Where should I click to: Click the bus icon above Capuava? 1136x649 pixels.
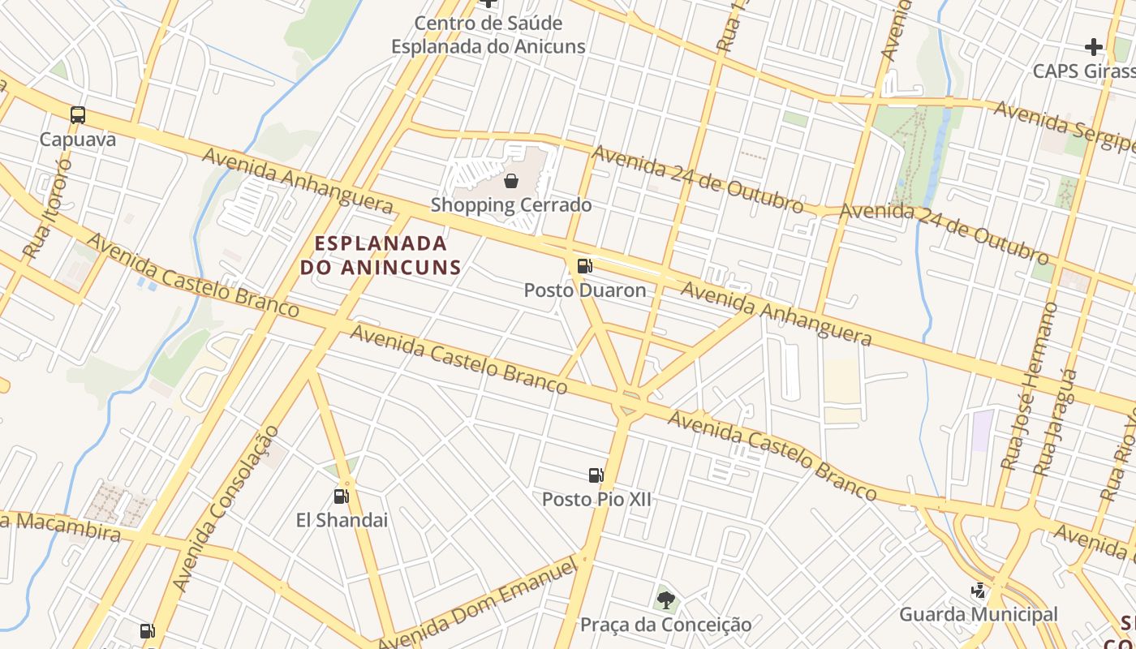pos(78,115)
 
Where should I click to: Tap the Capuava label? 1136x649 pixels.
pos(78,140)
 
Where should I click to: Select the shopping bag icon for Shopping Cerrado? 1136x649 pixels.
pos(511,180)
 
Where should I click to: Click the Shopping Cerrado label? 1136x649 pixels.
pos(511,205)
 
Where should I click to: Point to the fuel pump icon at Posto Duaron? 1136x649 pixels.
pos(584,266)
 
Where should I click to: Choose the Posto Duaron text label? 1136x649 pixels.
pos(585,290)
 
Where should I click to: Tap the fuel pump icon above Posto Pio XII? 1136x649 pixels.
pos(596,475)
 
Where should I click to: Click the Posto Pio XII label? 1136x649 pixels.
pos(597,500)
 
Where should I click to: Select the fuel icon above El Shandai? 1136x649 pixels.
pos(342,496)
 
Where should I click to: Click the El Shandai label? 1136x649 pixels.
pos(342,520)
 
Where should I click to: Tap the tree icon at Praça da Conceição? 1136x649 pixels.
pos(665,600)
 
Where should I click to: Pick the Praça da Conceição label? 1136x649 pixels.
pos(665,625)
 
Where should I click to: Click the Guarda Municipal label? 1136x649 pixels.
pos(979,615)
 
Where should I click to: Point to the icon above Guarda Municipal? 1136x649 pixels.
pos(979,591)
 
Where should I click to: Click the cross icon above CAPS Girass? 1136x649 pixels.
pos(1093,46)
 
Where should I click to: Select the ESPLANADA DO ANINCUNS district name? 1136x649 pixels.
pos(381,255)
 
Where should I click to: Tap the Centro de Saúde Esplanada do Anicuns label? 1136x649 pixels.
pos(488,35)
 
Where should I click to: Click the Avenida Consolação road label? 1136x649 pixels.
pos(226,509)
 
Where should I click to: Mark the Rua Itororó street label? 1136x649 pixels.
pos(48,209)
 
